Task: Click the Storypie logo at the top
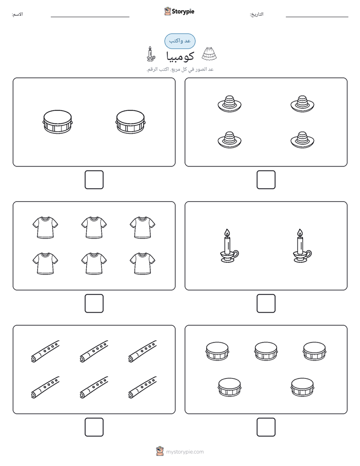click(x=179, y=11)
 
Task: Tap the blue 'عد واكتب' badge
click(x=179, y=41)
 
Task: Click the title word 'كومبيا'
click(x=180, y=56)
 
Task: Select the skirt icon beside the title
click(x=209, y=54)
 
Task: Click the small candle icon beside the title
click(x=151, y=54)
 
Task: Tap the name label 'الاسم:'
click(x=17, y=14)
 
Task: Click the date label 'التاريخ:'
click(x=256, y=14)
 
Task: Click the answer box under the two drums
click(x=94, y=180)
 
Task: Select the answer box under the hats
click(x=266, y=180)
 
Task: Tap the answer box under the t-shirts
click(x=94, y=304)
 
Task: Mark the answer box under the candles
click(x=266, y=304)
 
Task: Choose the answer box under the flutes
click(x=94, y=427)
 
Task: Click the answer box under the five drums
click(x=266, y=427)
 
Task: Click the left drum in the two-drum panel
click(x=57, y=122)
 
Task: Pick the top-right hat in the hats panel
click(x=303, y=104)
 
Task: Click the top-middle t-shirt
click(x=94, y=227)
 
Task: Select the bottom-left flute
click(x=45, y=387)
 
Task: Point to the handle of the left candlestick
click(x=235, y=254)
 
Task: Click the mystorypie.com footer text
click(x=185, y=452)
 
